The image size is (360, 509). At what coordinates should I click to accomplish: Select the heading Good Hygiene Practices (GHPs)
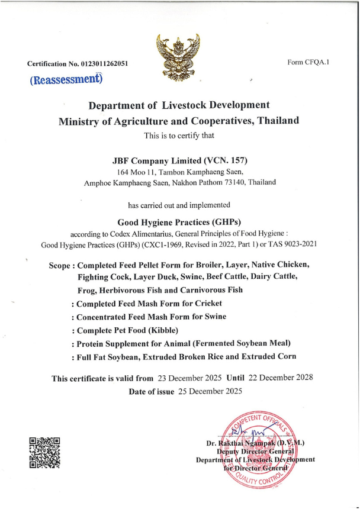tap(179, 223)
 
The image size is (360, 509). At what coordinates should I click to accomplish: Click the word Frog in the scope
tap(88, 291)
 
